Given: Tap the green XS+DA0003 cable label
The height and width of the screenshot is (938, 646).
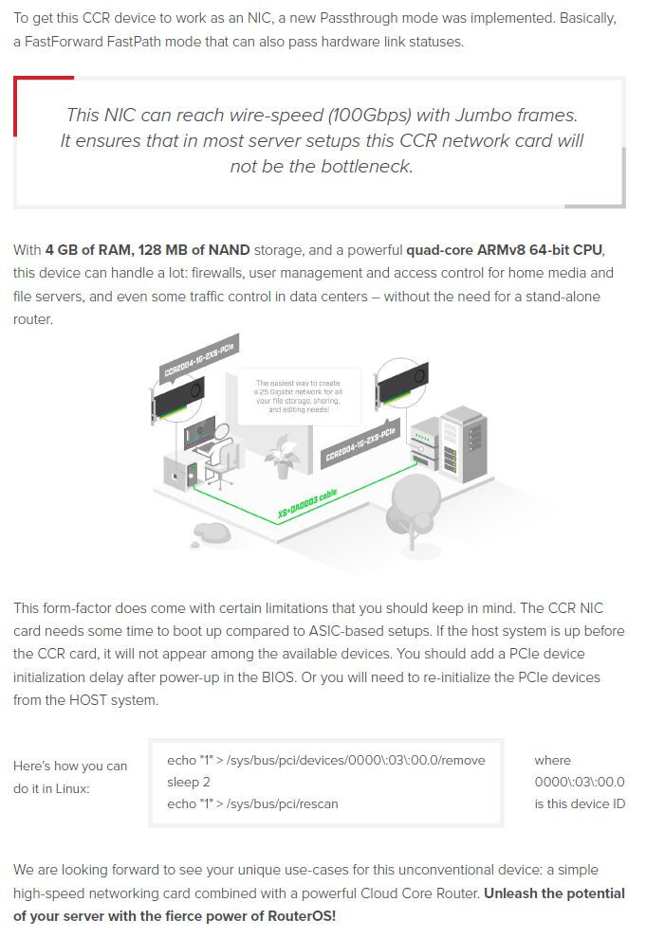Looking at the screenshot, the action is [x=307, y=504].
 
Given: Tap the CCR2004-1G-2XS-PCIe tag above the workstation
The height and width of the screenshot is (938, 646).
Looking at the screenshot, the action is [x=199, y=357].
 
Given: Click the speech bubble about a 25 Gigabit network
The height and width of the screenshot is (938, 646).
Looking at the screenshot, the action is [x=298, y=396].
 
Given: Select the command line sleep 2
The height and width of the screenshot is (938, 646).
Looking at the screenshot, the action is [x=189, y=782].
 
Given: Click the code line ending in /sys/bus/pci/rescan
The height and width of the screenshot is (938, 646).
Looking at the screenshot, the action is [x=252, y=804].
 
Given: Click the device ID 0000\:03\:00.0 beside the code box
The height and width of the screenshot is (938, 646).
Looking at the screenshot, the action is [x=580, y=782].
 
